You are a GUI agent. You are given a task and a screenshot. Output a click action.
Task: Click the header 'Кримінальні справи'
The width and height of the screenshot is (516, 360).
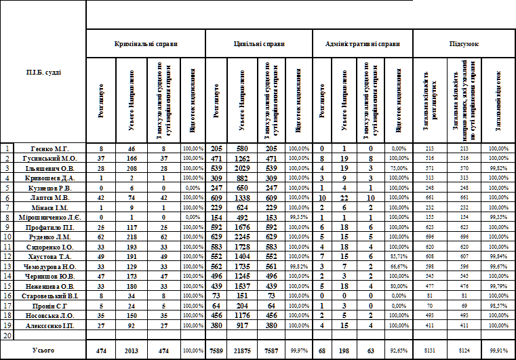coord(146,43)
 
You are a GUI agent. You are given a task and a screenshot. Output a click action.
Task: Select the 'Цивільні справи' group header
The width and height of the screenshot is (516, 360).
coord(258,43)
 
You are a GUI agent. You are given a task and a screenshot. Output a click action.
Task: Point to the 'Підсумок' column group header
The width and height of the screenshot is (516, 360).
coord(464,43)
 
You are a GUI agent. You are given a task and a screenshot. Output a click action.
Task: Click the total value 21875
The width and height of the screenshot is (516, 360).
coord(242,350)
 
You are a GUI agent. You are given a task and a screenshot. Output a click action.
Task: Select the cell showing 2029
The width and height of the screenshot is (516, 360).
coord(242,167)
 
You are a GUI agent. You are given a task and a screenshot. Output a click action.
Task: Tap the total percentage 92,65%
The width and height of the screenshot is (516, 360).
coord(399,350)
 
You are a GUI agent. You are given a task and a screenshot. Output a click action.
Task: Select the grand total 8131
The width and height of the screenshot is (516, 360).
coord(429,350)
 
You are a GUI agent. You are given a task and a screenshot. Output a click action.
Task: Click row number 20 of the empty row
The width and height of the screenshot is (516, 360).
coord(7,334)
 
